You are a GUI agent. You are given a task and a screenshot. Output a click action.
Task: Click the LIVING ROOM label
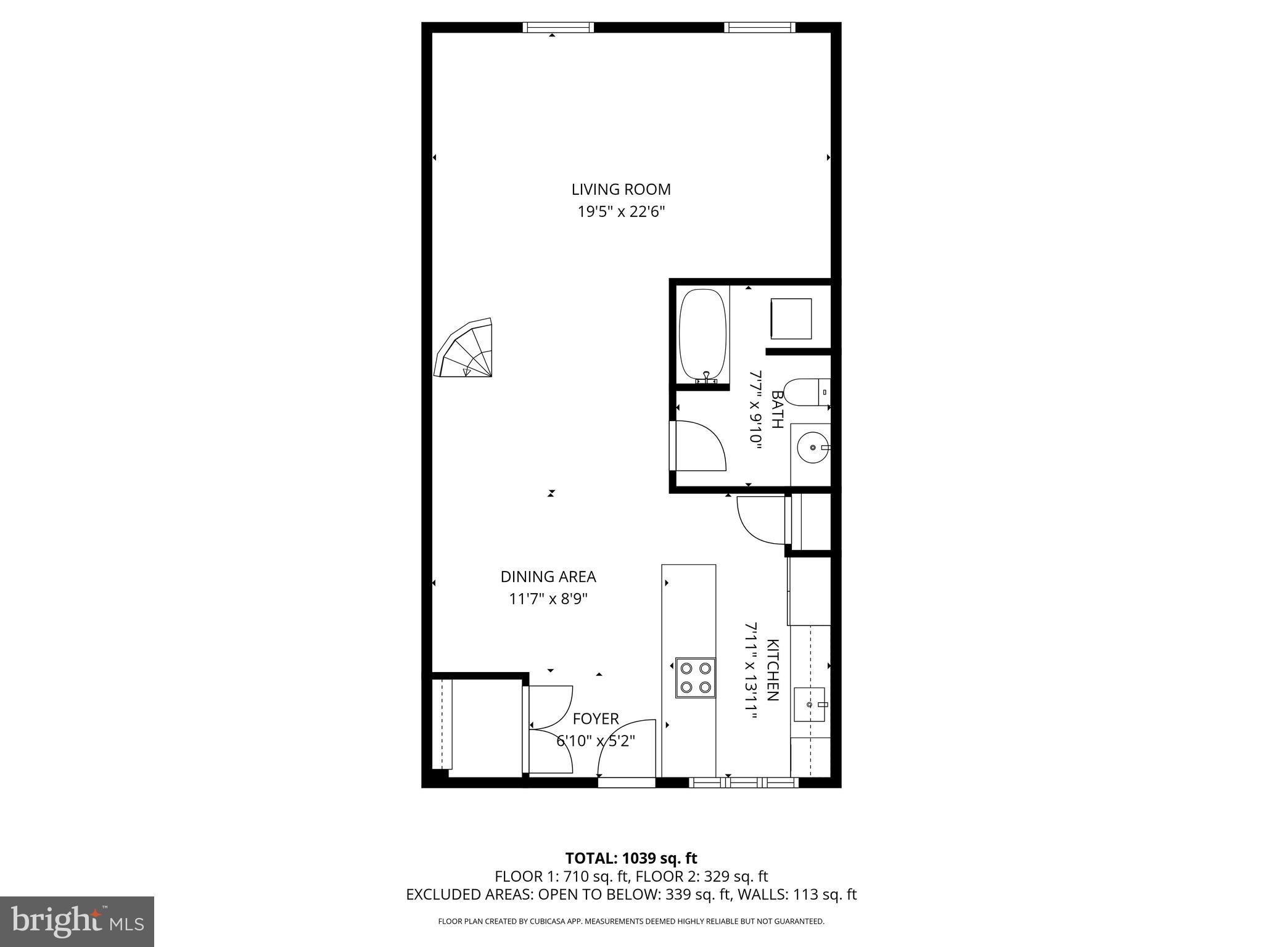[620, 189]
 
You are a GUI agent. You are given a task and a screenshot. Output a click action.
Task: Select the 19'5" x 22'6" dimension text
[620, 212]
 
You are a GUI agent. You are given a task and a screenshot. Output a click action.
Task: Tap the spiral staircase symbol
[467, 350]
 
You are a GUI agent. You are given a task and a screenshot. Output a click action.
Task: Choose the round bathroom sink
[812, 447]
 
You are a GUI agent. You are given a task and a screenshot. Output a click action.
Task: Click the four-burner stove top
[695, 678]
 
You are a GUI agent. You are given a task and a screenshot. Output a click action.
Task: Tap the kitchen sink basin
[809, 704]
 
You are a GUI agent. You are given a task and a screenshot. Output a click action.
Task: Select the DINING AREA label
[548, 577]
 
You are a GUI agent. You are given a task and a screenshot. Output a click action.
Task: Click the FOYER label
[595, 719]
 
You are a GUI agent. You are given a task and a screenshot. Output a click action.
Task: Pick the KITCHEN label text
[772, 670]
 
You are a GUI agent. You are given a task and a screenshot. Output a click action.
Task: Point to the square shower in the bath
[791, 319]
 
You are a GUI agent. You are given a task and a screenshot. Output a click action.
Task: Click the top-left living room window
[558, 27]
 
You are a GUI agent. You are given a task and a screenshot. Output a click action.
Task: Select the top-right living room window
[759, 27]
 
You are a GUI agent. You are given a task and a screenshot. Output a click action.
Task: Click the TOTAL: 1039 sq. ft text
[631, 858]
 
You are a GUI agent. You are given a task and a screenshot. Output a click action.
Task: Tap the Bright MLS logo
[77, 922]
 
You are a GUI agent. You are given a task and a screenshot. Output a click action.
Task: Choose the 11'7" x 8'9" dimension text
[548, 599]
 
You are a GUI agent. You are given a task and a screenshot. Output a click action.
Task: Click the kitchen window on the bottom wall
[743, 783]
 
